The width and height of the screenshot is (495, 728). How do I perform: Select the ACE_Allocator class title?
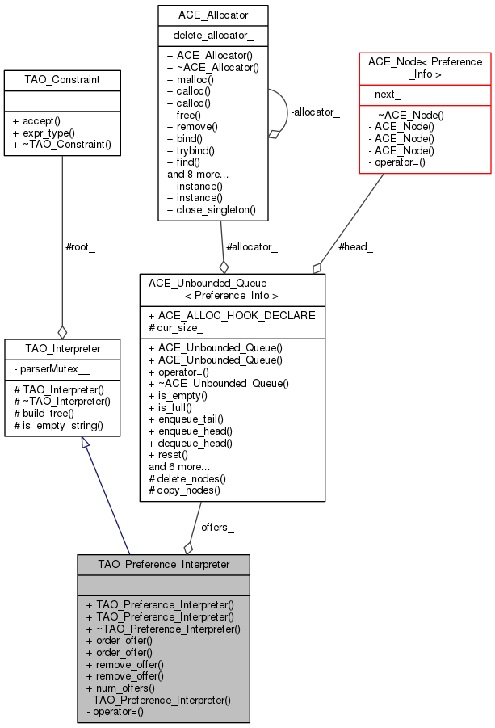point(212,15)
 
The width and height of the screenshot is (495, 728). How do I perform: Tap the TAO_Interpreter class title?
point(62,349)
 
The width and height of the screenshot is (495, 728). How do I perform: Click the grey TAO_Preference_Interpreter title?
point(163,564)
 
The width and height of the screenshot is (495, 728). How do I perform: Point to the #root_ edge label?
point(80,247)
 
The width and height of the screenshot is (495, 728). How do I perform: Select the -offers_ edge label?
point(216,528)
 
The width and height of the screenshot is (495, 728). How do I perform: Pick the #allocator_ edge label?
point(251,247)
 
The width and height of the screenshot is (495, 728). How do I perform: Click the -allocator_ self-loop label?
point(314,112)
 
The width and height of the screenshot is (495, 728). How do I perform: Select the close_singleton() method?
point(211,209)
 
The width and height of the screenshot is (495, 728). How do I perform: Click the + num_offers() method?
point(124,688)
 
